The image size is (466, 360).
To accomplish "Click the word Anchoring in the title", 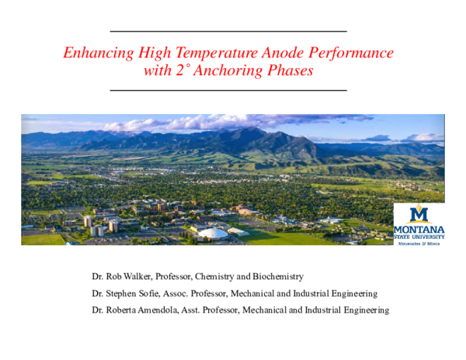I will pyautogui.click(x=224, y=71).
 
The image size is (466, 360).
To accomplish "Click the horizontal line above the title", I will pyautogui.click(x=228, y=31).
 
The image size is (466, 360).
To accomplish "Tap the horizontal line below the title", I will pyautogui.click(x=228, y=90).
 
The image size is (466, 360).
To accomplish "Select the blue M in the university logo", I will pyautogui.click(x=419, y=215).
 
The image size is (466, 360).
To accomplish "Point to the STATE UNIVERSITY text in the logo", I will pyautogui.click(x=419, y=236).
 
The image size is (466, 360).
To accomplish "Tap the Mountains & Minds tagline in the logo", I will pyautogui.click(x=419, y=243).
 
